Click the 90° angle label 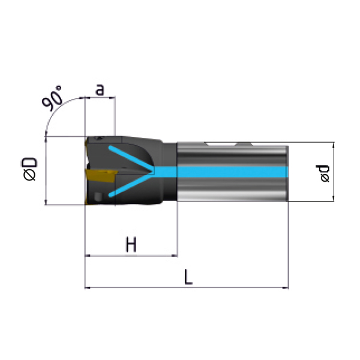(x=52, y=98)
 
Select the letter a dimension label (x=100, y=90)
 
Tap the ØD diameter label (x=30, y=169)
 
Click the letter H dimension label (x=131, y=245)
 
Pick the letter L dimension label (x=188, y=277)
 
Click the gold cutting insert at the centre (x=101, y=175)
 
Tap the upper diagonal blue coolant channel (x=131, y=158)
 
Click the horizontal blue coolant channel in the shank (x=221, y=172)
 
